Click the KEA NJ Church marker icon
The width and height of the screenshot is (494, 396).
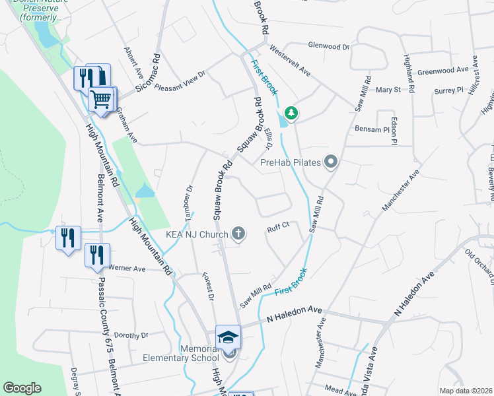(238, 234)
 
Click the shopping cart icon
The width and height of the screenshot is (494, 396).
(102, 100)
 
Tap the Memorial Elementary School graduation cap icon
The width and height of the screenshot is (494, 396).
(229, 337)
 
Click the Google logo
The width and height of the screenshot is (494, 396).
(22, 388)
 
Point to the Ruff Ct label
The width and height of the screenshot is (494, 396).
(278, 228)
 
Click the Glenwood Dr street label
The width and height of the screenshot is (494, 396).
(328, 46)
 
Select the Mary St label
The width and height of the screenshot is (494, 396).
(388, 90)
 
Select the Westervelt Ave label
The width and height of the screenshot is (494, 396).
(291, 59)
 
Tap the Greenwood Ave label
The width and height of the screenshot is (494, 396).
(443, 69)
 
